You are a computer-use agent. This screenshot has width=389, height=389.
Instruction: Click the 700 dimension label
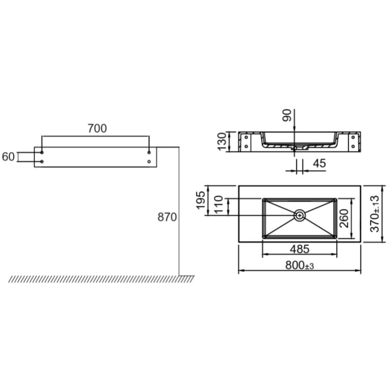(97, 128)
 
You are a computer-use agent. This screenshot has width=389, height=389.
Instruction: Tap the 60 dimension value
(8, 157)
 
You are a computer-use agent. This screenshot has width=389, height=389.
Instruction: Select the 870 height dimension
(167, 217)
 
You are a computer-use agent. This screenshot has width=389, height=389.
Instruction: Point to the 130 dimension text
(222, 141)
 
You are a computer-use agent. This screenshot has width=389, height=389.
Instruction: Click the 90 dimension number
(287, 115)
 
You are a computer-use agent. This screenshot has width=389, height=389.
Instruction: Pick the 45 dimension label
(319, 164)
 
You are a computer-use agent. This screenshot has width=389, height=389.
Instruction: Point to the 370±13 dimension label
(375, 214)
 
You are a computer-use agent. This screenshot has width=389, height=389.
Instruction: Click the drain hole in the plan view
(300, 215)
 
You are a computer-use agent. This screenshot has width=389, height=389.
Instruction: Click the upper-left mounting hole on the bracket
(42, 152)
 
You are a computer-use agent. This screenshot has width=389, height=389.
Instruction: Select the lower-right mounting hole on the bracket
(149, 161)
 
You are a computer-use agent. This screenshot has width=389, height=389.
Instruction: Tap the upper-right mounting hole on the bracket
(149, 152)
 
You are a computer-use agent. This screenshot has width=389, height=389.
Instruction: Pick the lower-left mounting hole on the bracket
(42, 161)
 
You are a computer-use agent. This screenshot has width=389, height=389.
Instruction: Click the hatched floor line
(101, 278)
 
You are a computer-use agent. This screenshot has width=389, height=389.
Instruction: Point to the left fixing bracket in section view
(245, 141)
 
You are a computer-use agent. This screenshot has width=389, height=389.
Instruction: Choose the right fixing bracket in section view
(354, 141)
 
